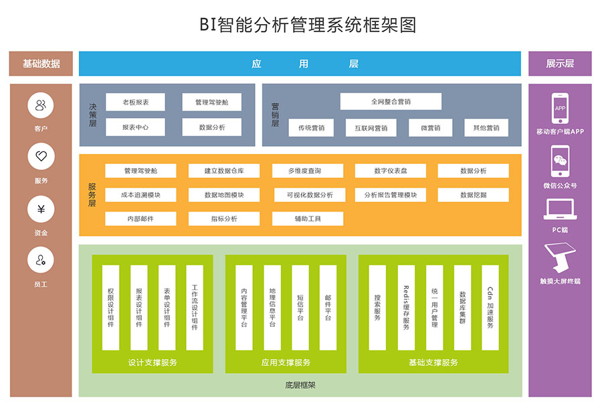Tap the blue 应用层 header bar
pyautogui.click(x=300, y=64)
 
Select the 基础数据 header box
pyautogui.click(x=41, y=64)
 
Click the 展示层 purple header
pyautogui.click(x=560, y=64)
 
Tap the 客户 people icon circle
pyautogui.click(x=41, y=105)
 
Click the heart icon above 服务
pyautogui.click(x=41, y=157)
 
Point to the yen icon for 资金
pyautogui.click(x=41, y=209)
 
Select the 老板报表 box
pyautogui.click(x=135, y=102)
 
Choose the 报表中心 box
pyautogui.click(x=135, y=127)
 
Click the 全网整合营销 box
pyautogui.click(x=391, y=102)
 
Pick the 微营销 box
pyautogui.click(x=430, y=128)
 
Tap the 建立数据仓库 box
pyautogui.click(x=223, y=171)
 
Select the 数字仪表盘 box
pyautogui.click(x=390, y=171)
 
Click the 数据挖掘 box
pyautogui.click(x=473, y=195)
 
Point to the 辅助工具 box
pyautogui.click(x=307, y=219)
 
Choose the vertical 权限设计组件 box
pyautogui.click(x=110, y=307)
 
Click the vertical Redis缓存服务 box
pyautogui.click(x=405, y=307)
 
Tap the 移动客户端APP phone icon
pyautogui.click(x=560, y=108)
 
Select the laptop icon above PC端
pyautogui.click(x=560, y=210)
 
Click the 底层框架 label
pyautogui.click(x=300, y=385)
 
